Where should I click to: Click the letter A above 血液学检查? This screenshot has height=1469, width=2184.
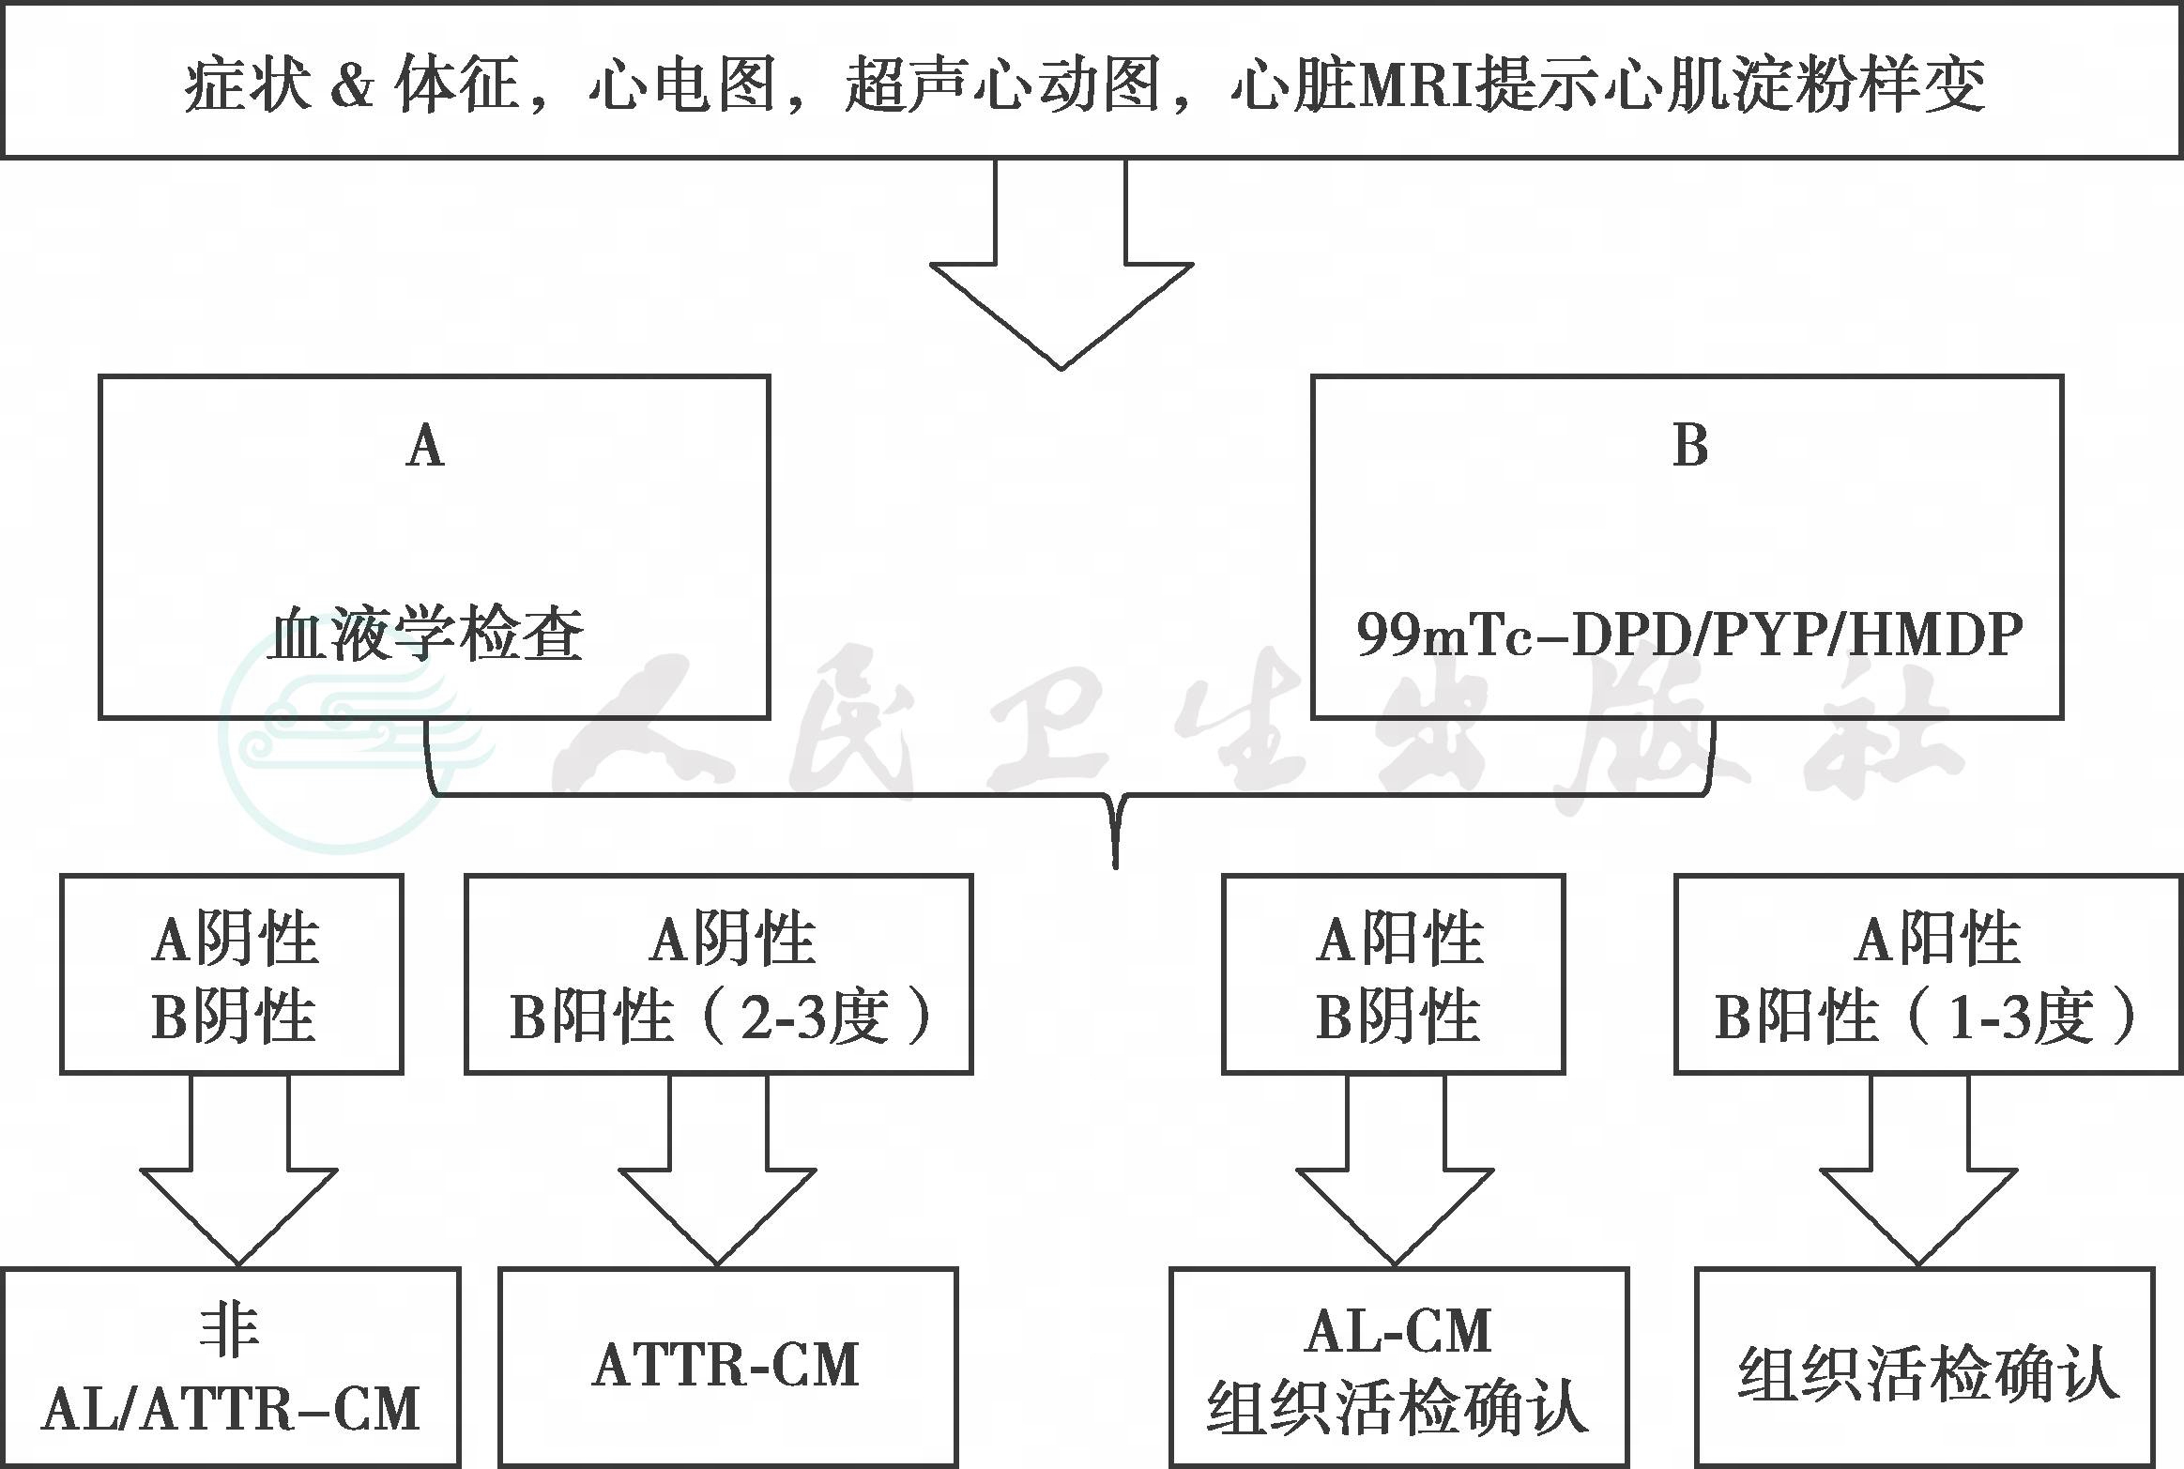[425, 444]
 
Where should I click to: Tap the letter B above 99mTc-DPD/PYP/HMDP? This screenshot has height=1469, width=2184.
[1690, 444]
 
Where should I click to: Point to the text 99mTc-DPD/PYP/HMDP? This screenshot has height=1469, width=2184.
[1689, 635]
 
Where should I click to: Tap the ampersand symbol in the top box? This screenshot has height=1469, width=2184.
[354, 85]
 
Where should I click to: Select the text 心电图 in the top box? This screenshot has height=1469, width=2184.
[682, 84]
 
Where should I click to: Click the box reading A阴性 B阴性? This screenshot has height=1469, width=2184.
[232, 973]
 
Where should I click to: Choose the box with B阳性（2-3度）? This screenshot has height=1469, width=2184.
[719, 973]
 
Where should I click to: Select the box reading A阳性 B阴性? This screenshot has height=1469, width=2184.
[1394, 973]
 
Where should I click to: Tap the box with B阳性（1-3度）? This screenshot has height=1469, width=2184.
[1929, 973]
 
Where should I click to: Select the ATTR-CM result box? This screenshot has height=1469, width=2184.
[728, 1368]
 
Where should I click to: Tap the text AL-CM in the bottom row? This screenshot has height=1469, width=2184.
[1398, 1330]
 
